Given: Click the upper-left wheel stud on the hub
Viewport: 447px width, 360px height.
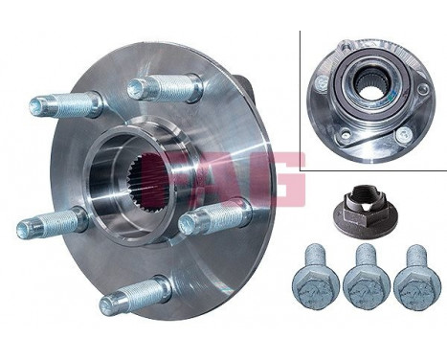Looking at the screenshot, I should coord(62,103).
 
